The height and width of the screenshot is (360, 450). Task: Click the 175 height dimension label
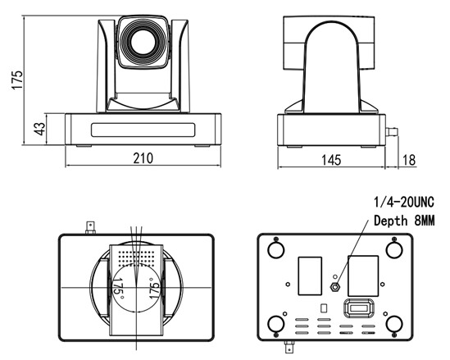click(17, 80)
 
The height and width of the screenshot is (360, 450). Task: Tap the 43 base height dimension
click(39, 129)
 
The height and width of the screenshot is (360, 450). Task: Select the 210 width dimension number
click(143, 158)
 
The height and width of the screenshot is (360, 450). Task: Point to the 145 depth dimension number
click(331, 160)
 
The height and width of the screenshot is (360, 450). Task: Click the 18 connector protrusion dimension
click(409, 160)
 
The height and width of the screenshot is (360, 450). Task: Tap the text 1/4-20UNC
click(404, 202)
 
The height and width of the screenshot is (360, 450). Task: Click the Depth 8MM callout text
click(404, 221)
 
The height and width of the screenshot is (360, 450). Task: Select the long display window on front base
click(143, 130)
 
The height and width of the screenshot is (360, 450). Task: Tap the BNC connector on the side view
click(392, 132)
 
